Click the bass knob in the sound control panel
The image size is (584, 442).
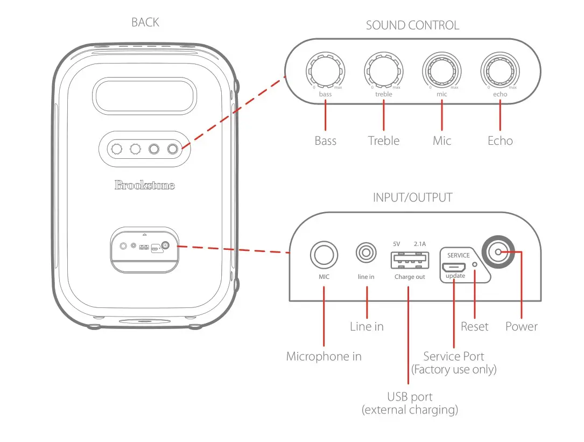tap(325, 69)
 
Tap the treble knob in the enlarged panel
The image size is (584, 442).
tap(384, 69)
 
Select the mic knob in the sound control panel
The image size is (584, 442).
tap(441, 69)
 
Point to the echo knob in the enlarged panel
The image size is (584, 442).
tap(500, 69)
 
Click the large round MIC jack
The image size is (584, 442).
tap(323, 254)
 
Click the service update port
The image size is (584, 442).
tap(454, 267)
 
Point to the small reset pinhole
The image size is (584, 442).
tap(474, 265)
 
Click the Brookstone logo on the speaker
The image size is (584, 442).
tap(144, 185)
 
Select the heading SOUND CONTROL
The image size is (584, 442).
tap(412, 25)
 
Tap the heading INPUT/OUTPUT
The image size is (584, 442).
tap(412, 198)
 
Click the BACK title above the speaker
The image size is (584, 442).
tap(145, 23)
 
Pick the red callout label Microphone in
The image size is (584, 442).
tap(323, 356)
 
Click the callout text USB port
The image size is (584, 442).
tap(410, 397)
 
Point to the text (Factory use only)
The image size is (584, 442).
tap(454, 369)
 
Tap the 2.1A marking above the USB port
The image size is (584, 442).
tap(420, 244)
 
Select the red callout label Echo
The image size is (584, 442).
tap(500, 141)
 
